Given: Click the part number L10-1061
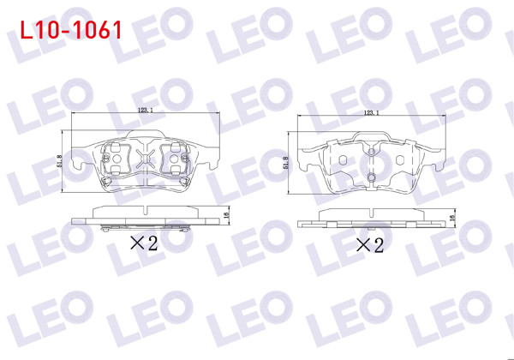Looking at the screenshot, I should point(69,31).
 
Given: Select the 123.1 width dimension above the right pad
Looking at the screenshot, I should point(371,113).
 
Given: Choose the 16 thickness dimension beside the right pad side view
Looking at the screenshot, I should point(451,220).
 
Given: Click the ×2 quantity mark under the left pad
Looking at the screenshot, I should point(144,243).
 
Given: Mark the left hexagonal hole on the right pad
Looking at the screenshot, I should point(342,160).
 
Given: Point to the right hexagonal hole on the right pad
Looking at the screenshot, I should point(400,160).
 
